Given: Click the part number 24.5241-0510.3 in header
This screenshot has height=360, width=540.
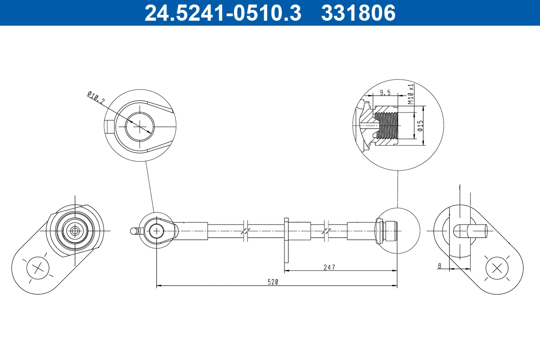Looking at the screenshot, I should [x=222, y=13].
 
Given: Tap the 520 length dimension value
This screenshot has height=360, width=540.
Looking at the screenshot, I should [x=273, y=282].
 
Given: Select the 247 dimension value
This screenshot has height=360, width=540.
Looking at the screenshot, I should [x=329, y=267].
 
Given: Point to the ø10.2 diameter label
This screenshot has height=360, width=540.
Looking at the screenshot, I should [x=95, y=98].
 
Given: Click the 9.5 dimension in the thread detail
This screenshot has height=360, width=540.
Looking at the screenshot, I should [x=385, y=93].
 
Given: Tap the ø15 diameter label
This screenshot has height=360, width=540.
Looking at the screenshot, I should [x=420, y=126].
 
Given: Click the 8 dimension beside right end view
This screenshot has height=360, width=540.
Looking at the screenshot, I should [x=440, y=266].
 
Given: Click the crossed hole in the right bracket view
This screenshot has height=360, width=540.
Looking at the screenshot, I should [x=497, y=268].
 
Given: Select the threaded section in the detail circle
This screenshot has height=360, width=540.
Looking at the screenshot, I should [x=387, y=125].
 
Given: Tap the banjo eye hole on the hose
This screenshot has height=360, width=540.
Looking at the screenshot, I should [x=156, y=231].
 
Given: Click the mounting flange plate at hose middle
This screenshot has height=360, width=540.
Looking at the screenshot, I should [x=286, y=240].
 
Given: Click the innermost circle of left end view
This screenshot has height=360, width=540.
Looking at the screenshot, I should [x=74, y=231].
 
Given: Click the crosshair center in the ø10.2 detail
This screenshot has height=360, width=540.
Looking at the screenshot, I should [x=140, y=126].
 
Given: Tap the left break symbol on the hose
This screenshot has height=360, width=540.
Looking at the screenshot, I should [x=245, y=231].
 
